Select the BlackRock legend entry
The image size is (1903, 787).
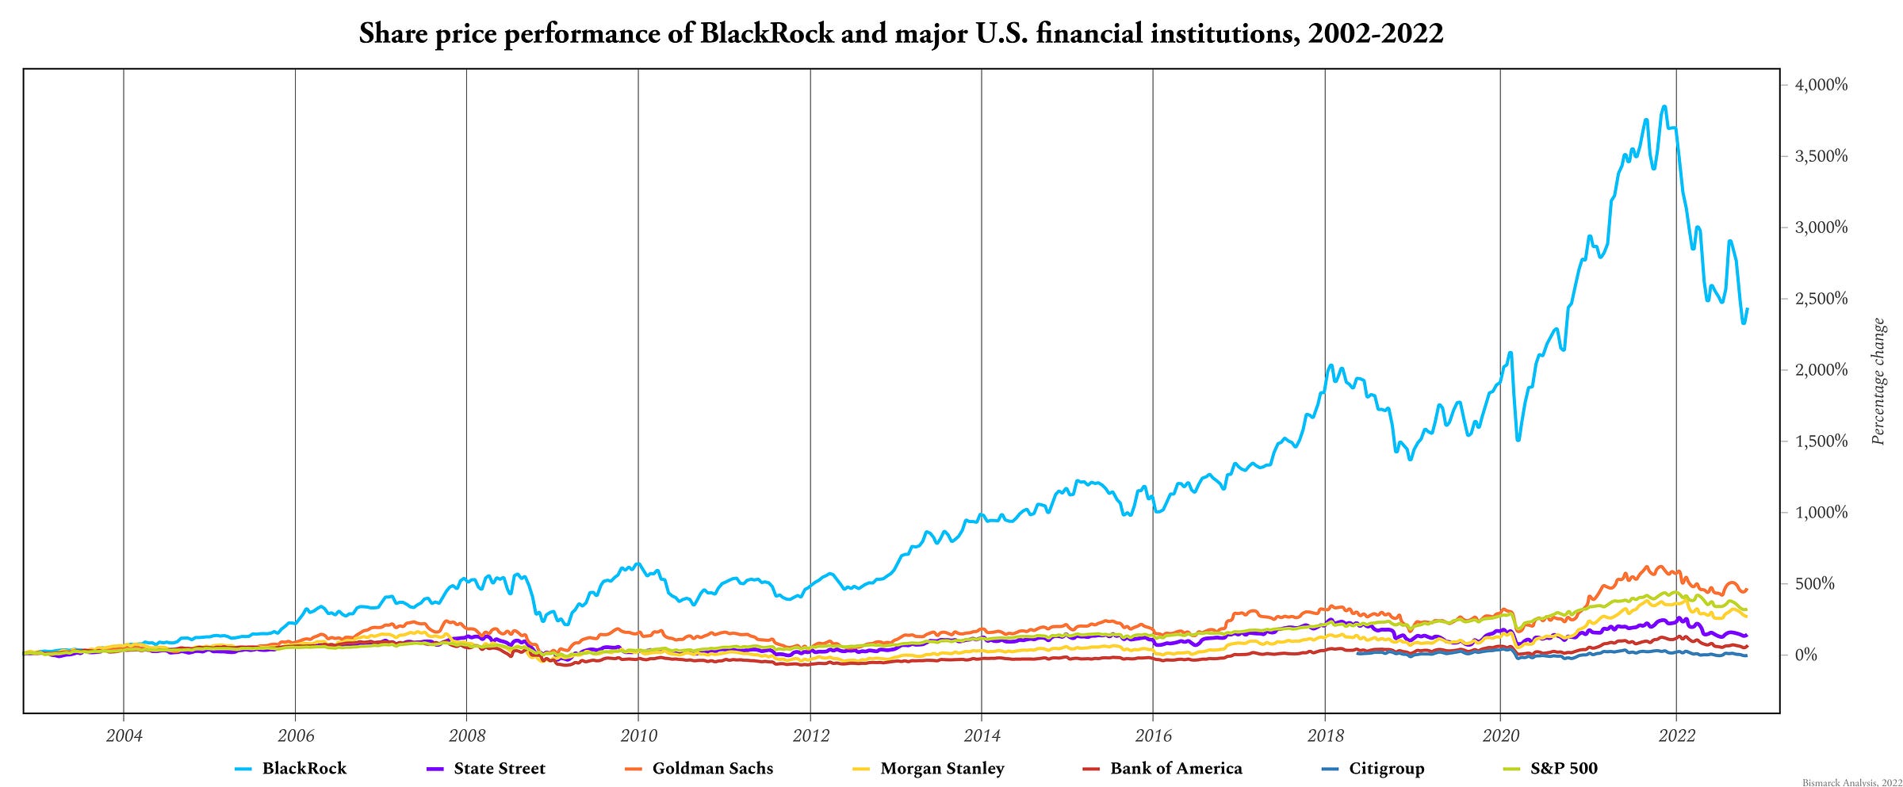click(304, 768)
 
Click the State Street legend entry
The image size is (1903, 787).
click(499, 768)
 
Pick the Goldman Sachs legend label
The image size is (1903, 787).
click(712, 768)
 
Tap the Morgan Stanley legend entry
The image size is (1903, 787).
click(941, 768)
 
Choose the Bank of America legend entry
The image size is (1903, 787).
click(1175, 768)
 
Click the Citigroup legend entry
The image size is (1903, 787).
click(1387, 768)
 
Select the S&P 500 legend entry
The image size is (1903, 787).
click(1564, 768)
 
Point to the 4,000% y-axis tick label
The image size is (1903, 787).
click(1821, 85)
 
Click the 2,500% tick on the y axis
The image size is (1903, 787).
click(1821, 299)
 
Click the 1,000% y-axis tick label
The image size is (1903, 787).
click(1821, 513)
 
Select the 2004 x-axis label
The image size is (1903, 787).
click(124, 735)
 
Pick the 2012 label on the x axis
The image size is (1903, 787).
click(810, 735)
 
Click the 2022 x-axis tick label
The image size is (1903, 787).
click(1676, 735)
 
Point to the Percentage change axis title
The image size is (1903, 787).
click(1878, 381)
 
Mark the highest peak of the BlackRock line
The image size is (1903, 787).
click(1664, 106)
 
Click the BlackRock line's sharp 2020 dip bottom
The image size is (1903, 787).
click(1518, 440)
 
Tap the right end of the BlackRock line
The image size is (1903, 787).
click(1748, 309)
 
